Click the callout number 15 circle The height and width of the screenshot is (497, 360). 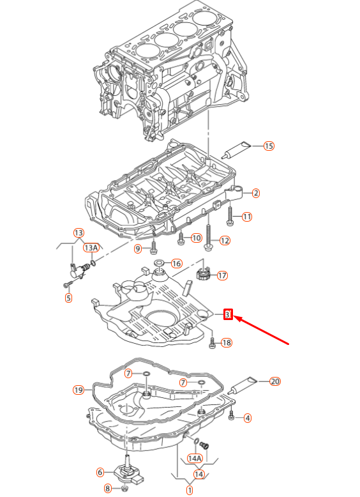(x=269, y=146)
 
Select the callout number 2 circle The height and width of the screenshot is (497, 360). (x=255, y=193)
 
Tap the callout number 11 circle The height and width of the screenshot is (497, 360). (x=247, y=217)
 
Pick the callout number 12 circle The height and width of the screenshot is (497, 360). (x=224, y=241)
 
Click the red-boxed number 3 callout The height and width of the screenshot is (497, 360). (x=228, y=314)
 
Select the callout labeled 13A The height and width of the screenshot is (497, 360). (x=91, y=247)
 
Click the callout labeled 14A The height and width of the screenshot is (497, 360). (x=194, y=458)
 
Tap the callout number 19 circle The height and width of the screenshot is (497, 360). (x=79, y=390)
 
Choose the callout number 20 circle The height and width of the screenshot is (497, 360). (x=275, y=382)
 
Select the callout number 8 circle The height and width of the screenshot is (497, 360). (x=107, y=489)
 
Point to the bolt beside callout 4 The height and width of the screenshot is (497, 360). (x=232, y=418)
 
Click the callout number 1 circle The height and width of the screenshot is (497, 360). (x=189, y=490)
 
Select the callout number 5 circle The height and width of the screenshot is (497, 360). (x=68, y=297)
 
